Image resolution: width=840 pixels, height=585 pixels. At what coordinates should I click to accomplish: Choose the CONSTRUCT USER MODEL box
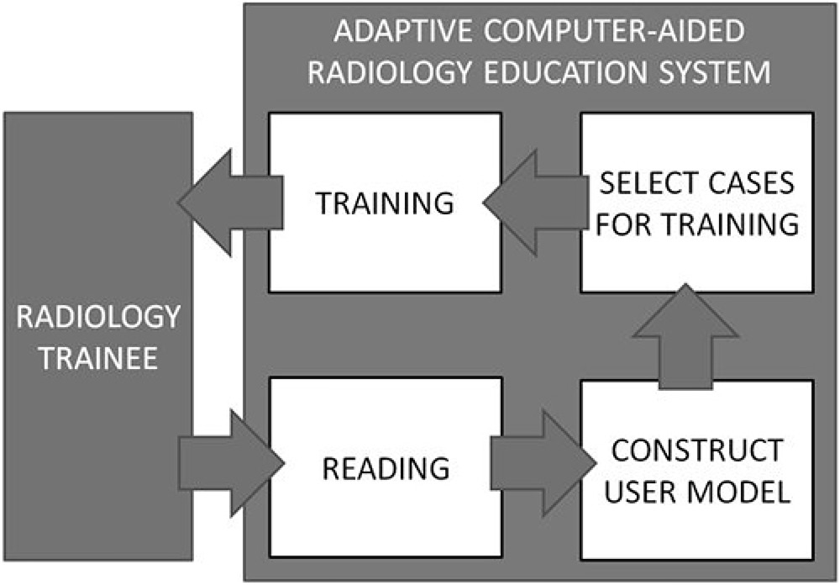click(696, 521)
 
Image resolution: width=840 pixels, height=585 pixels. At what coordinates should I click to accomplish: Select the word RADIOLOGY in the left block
click(99, 318)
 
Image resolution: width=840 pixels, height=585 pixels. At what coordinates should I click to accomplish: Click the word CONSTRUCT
click(696, 451)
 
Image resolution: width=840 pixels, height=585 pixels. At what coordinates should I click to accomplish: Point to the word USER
click(645, 492)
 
